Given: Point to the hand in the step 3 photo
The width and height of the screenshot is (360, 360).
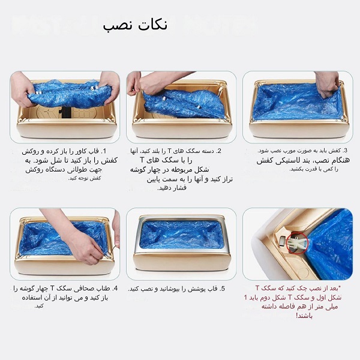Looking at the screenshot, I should click(x=328, y=83).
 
